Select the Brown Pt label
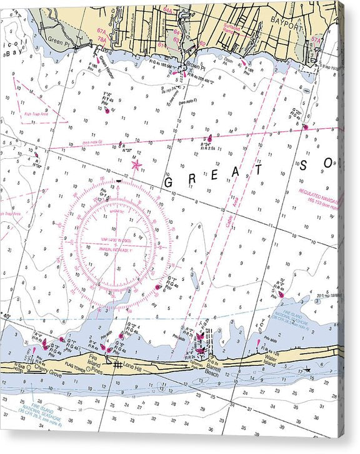point(192,64)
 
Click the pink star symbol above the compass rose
point(136,165)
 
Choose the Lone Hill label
point(132,365)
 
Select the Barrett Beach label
point(212,368)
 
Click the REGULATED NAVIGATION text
point(321,192)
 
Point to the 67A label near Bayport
point(316,39)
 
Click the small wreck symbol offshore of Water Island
point(307,370)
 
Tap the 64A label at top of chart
point(167,11)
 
